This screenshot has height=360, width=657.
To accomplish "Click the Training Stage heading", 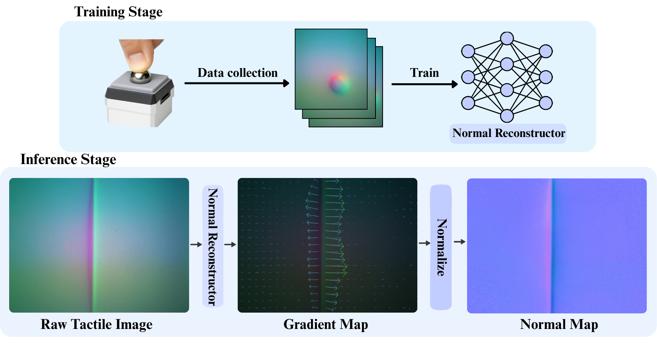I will pos(118,12).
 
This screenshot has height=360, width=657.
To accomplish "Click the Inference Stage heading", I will pos(68,159).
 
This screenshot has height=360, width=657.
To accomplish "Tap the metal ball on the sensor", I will pos(141,76).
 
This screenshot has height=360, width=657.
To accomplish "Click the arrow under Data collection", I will pos(237,83).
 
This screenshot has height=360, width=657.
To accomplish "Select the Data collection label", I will pos(237,73).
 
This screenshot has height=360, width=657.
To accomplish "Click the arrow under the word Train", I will pos(424,84).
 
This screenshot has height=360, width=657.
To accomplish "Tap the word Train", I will pos(424,73).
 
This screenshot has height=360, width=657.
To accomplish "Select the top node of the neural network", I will pos(507,39).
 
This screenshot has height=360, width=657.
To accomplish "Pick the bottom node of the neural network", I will pos(507,116).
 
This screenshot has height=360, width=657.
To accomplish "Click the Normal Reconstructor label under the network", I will pos(508,133).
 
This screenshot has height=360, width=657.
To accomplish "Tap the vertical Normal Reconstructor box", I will pos(213,246).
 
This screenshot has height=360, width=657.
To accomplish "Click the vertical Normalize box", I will pos(441,247).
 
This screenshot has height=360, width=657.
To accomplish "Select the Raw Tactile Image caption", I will pos(96,325).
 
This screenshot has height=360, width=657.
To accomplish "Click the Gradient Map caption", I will pos(326,325).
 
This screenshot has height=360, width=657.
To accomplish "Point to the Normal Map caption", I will pos(559,325).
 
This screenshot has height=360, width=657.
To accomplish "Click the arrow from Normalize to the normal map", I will pos(460,242).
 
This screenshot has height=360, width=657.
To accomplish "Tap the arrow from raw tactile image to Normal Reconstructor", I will pos(196,245).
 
